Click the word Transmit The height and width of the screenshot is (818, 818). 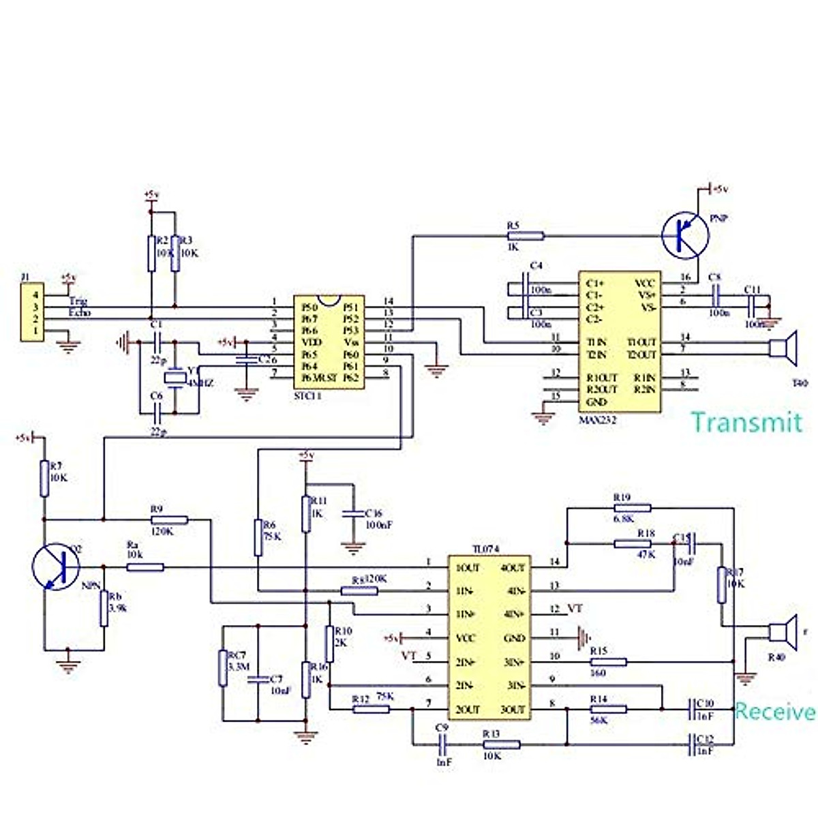pos(746,423)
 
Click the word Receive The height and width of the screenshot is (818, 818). pos(774,712)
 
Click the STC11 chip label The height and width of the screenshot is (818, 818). pos(307,395)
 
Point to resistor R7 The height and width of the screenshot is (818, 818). pos(44,478)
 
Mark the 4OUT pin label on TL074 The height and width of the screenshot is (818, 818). pos(513,567)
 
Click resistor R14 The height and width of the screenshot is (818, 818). pos(608,710)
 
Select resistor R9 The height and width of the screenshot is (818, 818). pos(168,519)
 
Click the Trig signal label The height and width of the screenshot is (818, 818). pos(78,301)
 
